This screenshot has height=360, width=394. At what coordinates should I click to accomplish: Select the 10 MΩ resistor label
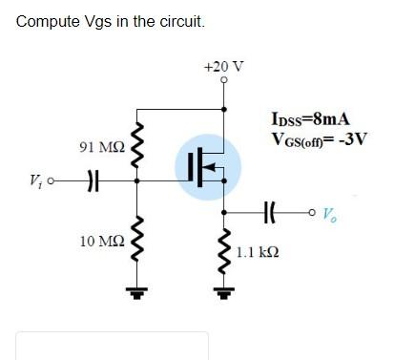pyautogui.click(x=101, y=241)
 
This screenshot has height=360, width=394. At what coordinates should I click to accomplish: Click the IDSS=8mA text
pyautogui.click(x=312, y=120)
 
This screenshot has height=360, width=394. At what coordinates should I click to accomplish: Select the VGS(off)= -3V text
pyautogui.click(x=319, y=139)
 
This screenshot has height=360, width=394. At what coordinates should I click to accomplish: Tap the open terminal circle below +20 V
pyautogui.click(x=223, y=81)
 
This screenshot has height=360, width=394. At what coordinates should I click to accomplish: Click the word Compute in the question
pyautogui.click(x=47, y=20)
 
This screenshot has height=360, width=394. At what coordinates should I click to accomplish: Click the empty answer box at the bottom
pyautogui.click(x=112, y=346)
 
